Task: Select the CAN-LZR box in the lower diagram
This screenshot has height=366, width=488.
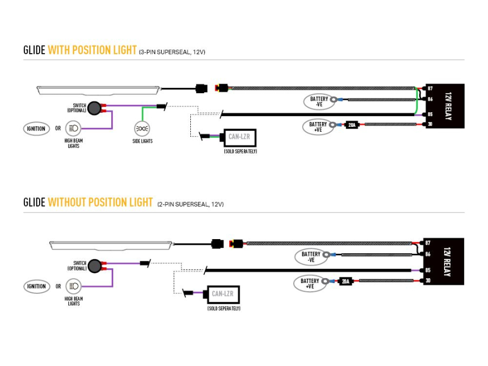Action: tap(222, 294)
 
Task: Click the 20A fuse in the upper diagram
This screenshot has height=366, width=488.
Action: tap(351, 125)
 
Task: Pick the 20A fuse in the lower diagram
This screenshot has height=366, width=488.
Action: tap(345, 281)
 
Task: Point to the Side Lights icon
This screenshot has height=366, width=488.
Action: tap(142, 129)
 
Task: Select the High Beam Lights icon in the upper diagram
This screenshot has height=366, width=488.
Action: tap(73, 129)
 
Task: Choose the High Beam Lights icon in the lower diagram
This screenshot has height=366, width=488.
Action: tap(73, 286)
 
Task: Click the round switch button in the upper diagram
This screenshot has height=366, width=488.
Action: tap(95, 108)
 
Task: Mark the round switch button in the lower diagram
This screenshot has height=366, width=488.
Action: tap(95, 265)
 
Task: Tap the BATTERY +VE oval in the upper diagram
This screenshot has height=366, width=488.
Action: tap(318, 127)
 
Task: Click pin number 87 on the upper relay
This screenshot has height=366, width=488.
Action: tap(430, 88)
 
